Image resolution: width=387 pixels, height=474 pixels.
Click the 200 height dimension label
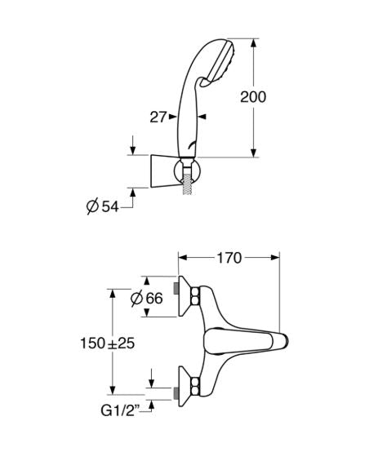(253, 97)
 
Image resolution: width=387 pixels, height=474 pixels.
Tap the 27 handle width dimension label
(158, 117)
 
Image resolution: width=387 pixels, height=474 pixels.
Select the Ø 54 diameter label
(102, 206)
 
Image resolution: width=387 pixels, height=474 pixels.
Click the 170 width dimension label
(229, 258)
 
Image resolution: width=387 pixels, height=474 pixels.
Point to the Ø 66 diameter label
(147, 299)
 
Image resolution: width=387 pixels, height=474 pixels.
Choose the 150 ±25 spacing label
(108, 343)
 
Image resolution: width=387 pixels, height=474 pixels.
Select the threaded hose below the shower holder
(187, 184)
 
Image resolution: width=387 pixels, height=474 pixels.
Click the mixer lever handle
(245, 342)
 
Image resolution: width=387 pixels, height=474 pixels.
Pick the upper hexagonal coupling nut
(195, 296)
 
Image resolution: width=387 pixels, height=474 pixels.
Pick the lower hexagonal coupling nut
(195, 387)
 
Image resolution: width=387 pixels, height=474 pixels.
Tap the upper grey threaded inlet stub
(176, 289)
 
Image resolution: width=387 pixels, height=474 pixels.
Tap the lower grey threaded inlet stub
(176, 393)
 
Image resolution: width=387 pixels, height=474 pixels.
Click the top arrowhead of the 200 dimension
(254, 42)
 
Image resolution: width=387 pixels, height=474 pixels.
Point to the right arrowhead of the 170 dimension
(275, 258)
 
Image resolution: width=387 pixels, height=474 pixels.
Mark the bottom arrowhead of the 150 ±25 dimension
(113, 390)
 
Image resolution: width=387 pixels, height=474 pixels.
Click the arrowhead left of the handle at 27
(173, 117)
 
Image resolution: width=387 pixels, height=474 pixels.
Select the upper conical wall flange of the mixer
(185, 296)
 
